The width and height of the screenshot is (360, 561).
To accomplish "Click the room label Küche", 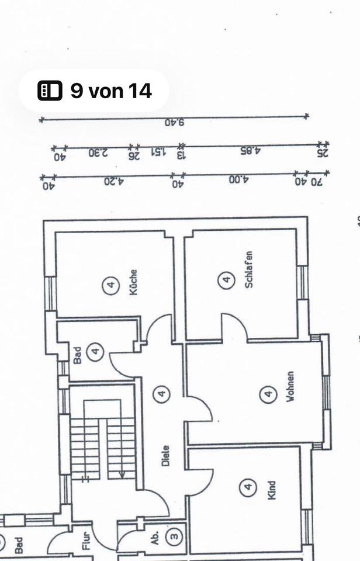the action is coord(134,282).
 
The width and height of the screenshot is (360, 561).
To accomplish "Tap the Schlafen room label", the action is coord(248,269).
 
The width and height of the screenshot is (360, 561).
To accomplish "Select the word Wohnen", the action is coord(290,387).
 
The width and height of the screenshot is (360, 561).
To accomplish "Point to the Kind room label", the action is coord(271,489).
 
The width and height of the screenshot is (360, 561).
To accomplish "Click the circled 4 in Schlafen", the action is coord(226,280).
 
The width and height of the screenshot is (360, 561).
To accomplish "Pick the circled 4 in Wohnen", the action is coord(268,394).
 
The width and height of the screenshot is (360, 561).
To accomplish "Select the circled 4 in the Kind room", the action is coord(248,486).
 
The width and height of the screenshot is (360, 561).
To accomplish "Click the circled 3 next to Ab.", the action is coord(174,535).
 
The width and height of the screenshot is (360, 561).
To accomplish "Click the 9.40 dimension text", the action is coord(174,123).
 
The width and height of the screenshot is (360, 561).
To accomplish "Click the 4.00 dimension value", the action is coord(238,180).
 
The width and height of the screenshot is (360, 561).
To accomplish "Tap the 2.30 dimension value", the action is coord(98,153).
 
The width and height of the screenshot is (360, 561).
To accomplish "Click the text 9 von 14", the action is coord(111,91).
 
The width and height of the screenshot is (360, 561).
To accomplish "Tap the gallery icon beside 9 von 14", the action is coord(50,91).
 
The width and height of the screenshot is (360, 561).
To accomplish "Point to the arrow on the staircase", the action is coord(121,473).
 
